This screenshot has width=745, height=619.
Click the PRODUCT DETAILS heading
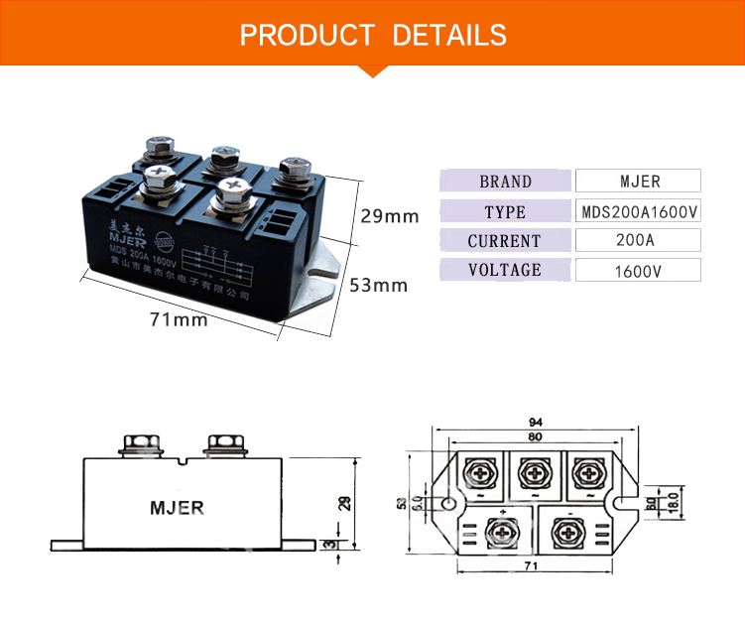click(x=373, y=36)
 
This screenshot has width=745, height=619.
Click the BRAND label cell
click(x=505, y=182)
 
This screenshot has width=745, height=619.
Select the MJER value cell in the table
click(x=638, y=182)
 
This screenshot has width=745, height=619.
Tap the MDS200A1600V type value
click(x=638, y=211)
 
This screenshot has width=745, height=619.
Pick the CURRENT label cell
click(x=505, y=241)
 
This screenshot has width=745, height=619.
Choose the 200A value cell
click(x=638, y=241)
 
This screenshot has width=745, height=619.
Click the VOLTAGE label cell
click(x=505, y=270)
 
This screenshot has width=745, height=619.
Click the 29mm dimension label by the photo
click(x=389, y=216)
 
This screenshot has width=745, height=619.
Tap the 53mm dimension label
click(x=378, y=286)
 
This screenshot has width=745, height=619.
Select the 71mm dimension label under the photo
click(x=179, y=319)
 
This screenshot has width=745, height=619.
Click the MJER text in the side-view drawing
click(x=177, y=508)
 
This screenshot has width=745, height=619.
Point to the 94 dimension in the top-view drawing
click(x=535, y=422)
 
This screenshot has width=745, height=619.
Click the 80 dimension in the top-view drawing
click(x=535, y=436)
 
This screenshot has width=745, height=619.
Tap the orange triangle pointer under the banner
click(x=372, y=68)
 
